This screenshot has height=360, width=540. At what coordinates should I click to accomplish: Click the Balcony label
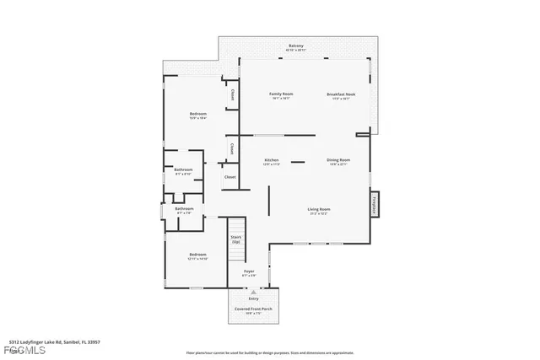296,46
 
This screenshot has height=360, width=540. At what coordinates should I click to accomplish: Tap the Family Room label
281,94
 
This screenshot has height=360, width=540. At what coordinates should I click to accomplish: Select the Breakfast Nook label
341,94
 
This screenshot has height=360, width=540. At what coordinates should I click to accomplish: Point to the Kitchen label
272,159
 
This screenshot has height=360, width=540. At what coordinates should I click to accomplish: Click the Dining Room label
338,159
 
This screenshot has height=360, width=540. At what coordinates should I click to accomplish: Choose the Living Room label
318,208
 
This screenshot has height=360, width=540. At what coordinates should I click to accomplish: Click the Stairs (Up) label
236,239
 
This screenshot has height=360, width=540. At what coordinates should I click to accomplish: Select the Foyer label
249,271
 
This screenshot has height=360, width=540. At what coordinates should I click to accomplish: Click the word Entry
253,298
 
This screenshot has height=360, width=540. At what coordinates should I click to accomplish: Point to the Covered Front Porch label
253,309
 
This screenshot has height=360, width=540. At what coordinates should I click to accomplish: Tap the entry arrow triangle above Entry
253,291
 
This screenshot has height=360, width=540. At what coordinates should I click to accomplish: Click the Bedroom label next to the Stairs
197,254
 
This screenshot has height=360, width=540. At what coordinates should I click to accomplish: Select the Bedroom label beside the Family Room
197,113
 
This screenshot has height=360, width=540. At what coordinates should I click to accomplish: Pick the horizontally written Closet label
229,177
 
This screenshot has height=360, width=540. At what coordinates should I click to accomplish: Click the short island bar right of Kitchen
298,160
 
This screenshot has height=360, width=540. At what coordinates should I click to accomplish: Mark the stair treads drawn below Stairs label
236,224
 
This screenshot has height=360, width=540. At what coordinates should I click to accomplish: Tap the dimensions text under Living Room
318,213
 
